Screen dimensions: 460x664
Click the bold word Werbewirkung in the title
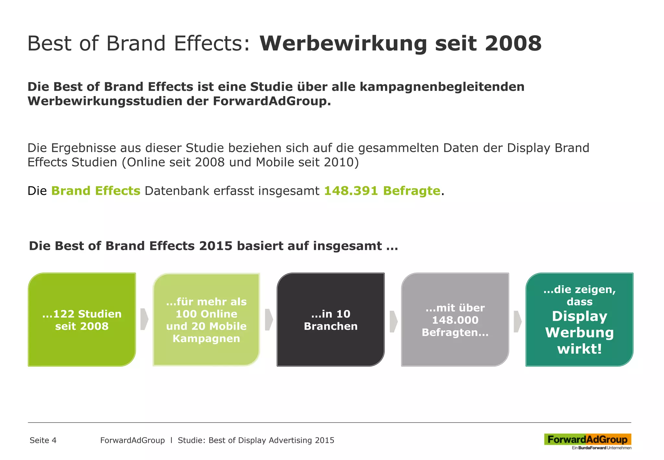point(343,43)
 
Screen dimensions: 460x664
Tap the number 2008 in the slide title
point(513,43)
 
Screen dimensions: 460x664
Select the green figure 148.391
point(351,191)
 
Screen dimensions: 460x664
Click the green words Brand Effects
point(96,191)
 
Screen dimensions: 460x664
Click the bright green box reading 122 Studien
point(82,320)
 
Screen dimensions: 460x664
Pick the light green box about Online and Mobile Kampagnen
point(206,320)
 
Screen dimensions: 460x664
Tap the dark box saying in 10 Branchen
point(330,320)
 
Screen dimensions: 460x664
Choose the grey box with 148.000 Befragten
point(455,320)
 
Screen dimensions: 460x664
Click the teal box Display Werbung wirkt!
point(579,320)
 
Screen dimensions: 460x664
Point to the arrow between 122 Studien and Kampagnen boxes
point(144,320)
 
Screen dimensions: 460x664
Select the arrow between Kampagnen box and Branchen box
point(268,320)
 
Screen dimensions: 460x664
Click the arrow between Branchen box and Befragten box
point(393,321)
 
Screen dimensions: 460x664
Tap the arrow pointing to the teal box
point(517,321)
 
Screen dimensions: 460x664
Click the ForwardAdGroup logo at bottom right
point(587,440)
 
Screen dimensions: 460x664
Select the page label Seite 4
point(43,440)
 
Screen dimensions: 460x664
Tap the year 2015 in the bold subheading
point(216,246)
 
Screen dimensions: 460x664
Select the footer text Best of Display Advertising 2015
point(271,440)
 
